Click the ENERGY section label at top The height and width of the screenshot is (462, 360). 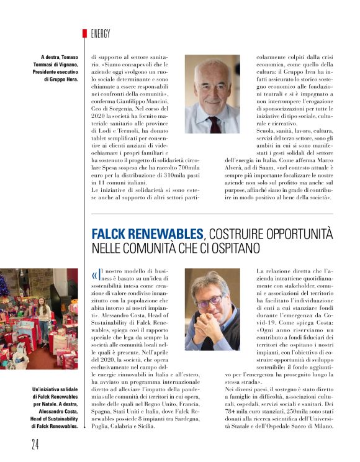pyautogui.click(x=101, y=34)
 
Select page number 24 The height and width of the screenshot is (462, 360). pyautogui.click(x=37, y=443)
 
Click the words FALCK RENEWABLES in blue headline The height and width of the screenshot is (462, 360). pyautogui.click(x=148, y=235)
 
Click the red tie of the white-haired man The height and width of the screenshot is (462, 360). pyautogui.click(x=214, y=125)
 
